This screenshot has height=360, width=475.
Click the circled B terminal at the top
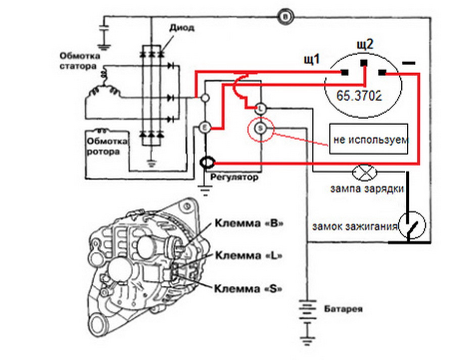point(286,17)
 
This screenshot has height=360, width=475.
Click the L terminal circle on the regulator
point(260,108)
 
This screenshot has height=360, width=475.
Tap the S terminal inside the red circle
point(260,129)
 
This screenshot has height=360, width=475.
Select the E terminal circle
point(205,128)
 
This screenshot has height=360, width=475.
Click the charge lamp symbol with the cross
point(365,172)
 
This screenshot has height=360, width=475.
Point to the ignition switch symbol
point(412,225)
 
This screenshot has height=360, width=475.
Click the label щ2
point(365,44)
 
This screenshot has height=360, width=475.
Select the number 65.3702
point(359,95)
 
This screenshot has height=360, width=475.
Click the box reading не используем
point(369,139)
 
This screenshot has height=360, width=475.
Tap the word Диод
point(181,28)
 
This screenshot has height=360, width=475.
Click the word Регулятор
point(234,177)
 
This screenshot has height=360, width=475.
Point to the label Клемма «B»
point(250,223)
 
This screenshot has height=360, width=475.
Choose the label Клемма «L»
point(249,255)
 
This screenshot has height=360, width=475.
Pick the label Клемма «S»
point(248,288)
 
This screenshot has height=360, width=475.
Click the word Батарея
point(343,309)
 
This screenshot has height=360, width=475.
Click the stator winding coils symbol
point(103,85)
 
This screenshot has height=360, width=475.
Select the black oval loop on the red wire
point(207,163)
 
